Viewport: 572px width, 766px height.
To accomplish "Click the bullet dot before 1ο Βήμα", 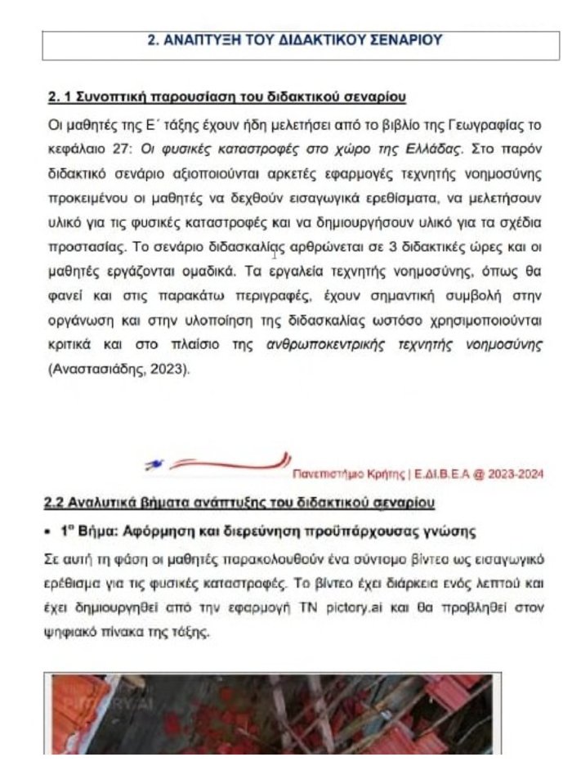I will (50, 531).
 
